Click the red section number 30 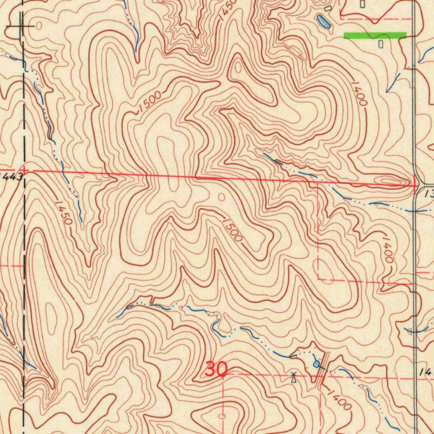coord(216,370)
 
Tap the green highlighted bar coord(375,35)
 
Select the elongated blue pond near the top coord(323,21)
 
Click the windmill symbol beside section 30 coord(293,377)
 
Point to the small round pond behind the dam coord(316,364)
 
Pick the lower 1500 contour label coord(232,230)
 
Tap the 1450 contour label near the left coord(63,211)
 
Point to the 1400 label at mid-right coord(388,250)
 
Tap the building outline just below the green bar coord(380,43)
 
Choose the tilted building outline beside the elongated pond coord(328,8)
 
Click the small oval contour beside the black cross coord(39,26)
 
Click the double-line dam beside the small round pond coord(323,369)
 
